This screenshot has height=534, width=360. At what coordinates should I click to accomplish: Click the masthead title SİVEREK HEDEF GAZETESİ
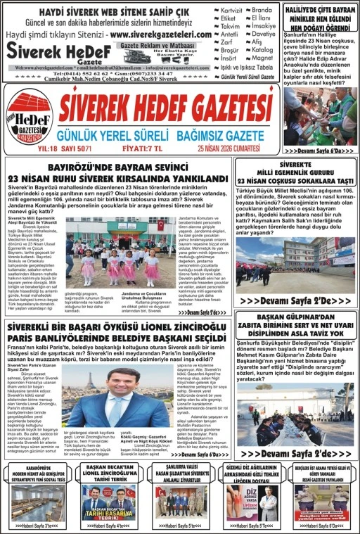[x=166, y=108]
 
